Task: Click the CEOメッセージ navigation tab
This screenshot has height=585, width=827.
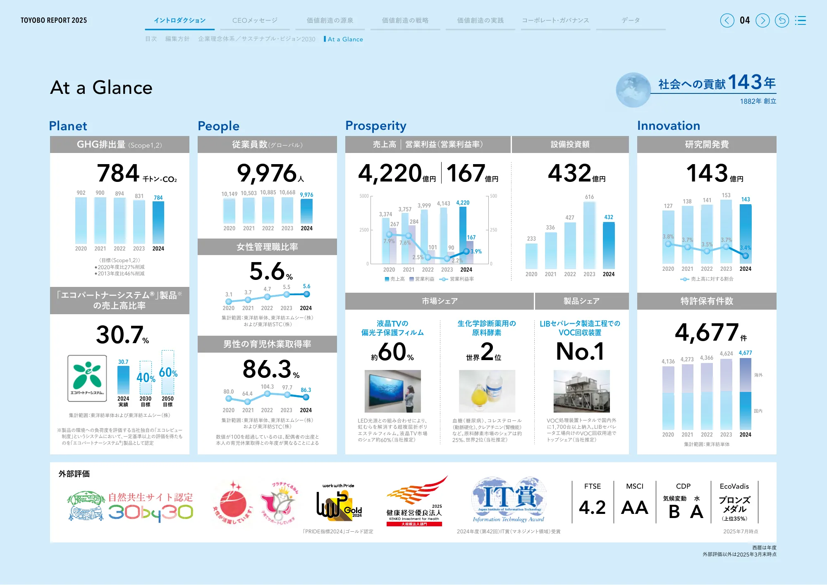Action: coord(255,20)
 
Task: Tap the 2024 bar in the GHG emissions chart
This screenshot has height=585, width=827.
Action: coord(158,222)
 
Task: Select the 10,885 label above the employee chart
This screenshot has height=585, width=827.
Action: coord(268,193)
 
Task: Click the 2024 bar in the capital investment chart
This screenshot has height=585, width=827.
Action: coord(609,246)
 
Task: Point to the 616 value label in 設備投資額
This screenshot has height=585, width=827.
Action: coord(589,197)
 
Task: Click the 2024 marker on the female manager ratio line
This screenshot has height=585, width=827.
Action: coord(306,294)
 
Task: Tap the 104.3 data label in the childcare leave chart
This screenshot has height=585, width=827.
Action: coord(267,387)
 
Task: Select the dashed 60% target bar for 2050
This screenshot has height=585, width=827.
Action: coord(168,372)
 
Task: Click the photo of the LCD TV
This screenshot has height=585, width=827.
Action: coord(392,391)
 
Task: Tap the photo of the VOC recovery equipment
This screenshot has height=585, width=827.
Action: coord(581,391)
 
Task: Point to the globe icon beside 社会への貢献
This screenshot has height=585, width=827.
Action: coord(633,90)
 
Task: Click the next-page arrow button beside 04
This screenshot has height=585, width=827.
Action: coord(762,20)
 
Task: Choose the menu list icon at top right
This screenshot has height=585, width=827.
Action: coord(801,20)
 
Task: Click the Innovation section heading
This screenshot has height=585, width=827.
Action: coord(668,126)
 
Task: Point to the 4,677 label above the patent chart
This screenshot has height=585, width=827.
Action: coord(745,353)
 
